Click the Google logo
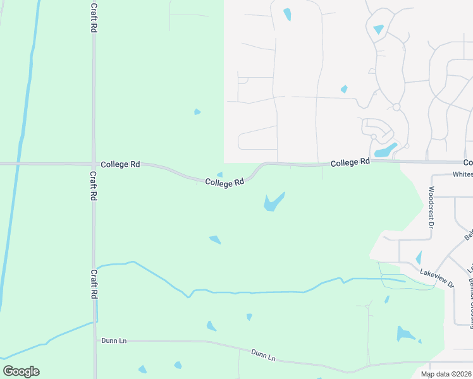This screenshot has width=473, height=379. pyautogui.click(x=21, y=371)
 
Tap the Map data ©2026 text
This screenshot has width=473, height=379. pyautogui.click(x=446, y=374)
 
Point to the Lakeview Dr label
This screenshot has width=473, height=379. pyautogui.click(x=437, y=278)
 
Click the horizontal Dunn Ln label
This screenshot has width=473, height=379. pyautogui.click(x=114, y=340)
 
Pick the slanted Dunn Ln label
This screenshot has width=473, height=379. pyautogui.click(x=263, y=356)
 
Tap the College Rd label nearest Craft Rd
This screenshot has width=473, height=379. pyautogui.click(x=120, y=164)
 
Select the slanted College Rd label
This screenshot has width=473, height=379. pyautogui.click(x=224, y=182)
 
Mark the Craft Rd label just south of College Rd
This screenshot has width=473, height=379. pyautogui.click(x=93, y=186)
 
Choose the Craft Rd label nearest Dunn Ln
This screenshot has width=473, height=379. pyautogui.click(x=94, y=284)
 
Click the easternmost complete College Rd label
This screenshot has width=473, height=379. pyautogui.click(x=350, y=162)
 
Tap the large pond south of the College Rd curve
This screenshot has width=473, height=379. pyautogui.click(x=273, y=202)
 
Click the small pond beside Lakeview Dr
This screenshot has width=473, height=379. pyautogui.click(x=419, y=257)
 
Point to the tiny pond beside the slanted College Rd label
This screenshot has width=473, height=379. pyautogui.click(x=219, y=175)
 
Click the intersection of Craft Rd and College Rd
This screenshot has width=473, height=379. pyautogui.click(x=94, y=164)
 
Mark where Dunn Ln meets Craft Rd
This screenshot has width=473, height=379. pyautogui.click(x=95, y=340)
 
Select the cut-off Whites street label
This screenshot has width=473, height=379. pyautogui.click(x=462, y=174)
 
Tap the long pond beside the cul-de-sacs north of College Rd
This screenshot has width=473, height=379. pyautogui.click(x=385, y=150)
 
